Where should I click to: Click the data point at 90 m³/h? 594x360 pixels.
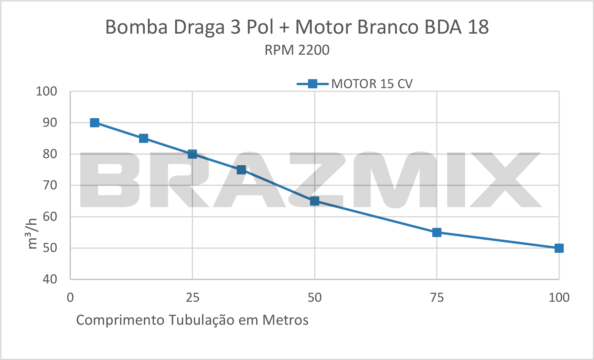coord(95,123)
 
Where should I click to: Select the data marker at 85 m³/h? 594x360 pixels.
coord(144,138)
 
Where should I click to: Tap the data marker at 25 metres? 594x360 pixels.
coord(192,154)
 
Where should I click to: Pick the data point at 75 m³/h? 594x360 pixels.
coord(241,170)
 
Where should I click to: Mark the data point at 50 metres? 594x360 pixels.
coord(315,201)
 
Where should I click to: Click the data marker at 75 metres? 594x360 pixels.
coord(437,233)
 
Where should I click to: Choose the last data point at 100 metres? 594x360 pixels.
coord(559,248)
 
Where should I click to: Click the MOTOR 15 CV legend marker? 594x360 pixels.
coord(312,84)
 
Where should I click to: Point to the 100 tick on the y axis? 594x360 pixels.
coord(46,91)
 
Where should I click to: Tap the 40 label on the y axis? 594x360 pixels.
coord(50,279)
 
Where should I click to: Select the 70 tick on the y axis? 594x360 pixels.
coord(50,185)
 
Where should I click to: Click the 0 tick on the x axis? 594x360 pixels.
coord(70,298)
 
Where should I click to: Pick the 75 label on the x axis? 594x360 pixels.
coord(437,298)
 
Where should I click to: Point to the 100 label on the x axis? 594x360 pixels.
coord(559,298)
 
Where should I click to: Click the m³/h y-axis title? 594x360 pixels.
coord(32,234)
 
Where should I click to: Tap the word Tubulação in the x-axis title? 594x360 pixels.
coord(201,320)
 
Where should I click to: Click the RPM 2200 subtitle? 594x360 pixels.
coord(297,50)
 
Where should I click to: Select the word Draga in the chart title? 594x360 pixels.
coord(199,27)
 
